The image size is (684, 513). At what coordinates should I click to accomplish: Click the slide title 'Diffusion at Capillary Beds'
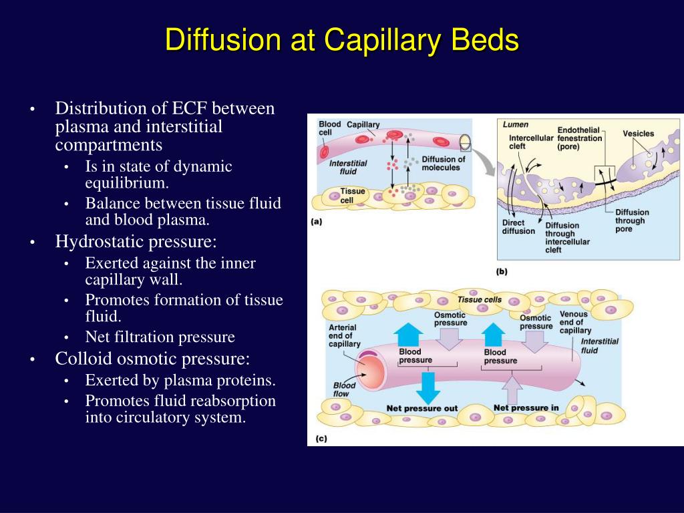click(342, 40)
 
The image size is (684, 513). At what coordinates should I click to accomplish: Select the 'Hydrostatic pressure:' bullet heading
click(145, 241)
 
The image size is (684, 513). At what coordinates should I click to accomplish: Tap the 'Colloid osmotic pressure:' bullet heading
click(152, 359)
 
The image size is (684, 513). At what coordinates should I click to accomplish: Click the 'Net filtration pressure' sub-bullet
click(160, 337)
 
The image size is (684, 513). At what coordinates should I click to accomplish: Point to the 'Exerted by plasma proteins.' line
click(180, 380)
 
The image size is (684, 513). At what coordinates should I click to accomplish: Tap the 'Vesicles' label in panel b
click(639, 134)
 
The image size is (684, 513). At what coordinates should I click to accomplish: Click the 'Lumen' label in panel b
click(515, 124)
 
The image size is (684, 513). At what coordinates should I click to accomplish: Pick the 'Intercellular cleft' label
click(531, 142)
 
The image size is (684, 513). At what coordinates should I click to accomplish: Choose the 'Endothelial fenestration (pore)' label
click(579, 138)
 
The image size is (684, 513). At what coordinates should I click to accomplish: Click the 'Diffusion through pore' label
click(631, 221)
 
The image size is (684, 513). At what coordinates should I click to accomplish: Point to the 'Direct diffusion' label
click(518, 227)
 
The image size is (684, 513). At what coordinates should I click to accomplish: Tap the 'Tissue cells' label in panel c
click(479, 300)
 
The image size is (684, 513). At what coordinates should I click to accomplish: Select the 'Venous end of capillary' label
click(574, 322)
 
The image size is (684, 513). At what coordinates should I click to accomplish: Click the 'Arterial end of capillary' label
click(344, 336)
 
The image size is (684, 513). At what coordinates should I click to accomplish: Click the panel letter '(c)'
click(321, 439)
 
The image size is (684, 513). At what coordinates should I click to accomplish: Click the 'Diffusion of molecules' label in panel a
click(443, 164)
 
